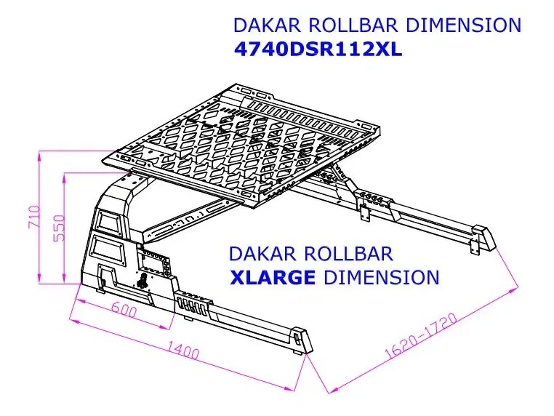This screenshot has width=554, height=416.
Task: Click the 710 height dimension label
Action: point(34,216)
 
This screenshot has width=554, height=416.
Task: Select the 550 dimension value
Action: point(59,227)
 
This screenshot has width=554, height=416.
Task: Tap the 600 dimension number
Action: point(124,310)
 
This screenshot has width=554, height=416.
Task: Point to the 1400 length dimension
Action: point(182,350)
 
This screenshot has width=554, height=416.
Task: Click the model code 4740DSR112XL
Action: point(318,50)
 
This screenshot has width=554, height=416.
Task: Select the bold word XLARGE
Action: point(272,277)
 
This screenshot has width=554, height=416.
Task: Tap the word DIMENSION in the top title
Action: point(463,25)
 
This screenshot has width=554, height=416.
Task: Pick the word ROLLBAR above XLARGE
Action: point(348,253)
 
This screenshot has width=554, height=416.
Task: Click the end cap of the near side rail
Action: point(301,340)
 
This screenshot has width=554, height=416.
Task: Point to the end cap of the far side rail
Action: point(483,238)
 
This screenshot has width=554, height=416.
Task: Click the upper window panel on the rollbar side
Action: point(108,220)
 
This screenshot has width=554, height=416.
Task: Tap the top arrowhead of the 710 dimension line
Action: point(39,156)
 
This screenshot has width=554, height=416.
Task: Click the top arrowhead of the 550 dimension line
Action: point(65,177)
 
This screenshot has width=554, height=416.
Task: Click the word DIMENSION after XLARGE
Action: point(382,277)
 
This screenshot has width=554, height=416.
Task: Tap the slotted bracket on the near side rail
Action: point(193,304)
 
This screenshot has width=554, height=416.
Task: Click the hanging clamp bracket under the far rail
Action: point(364,212)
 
